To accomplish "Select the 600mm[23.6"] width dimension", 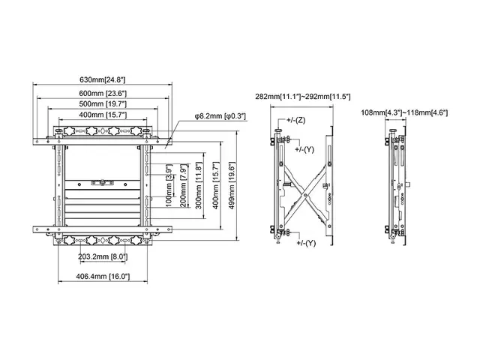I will (103, 93).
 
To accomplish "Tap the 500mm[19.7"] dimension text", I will (103, 103).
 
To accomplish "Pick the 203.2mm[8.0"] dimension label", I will (103, 256).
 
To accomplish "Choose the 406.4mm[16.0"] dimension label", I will (103, 277).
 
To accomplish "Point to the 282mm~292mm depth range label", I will (303, 97).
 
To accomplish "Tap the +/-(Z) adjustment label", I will (294, 120).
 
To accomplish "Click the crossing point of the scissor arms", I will (304, 187).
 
